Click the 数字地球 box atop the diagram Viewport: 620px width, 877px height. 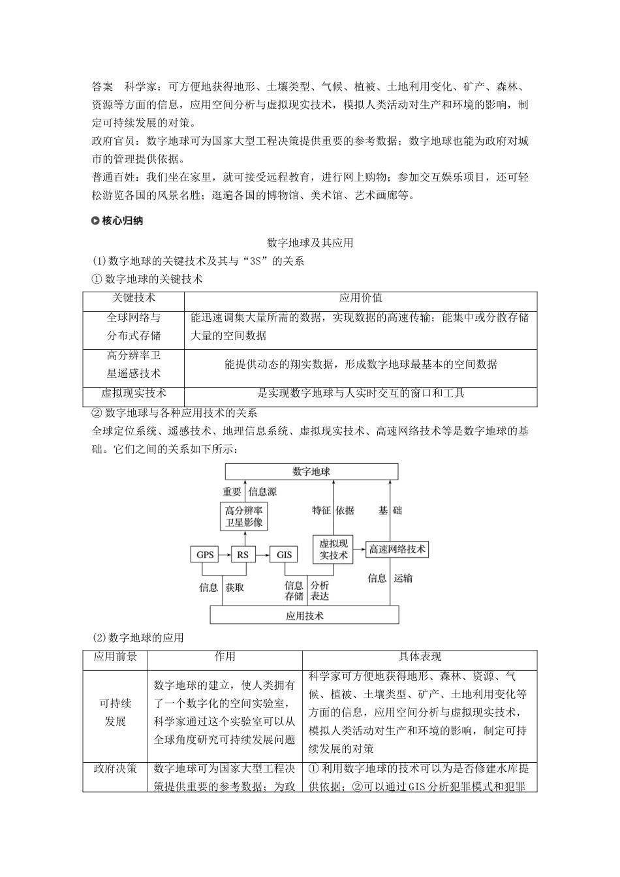point(311,472)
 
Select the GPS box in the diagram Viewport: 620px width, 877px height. point(205,555)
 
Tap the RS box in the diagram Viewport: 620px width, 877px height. point(243,555)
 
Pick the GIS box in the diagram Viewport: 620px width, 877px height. point(285,555)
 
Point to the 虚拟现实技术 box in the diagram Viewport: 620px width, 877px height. point(333,549)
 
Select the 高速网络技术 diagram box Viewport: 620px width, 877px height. point(397,549)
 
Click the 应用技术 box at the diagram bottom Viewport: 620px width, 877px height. point(304,615)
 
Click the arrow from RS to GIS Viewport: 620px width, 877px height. point(263,555)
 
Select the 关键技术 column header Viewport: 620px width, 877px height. point(134,298)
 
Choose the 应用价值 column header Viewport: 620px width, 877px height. point(360,298)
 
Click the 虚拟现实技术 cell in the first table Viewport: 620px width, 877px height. point(134,393)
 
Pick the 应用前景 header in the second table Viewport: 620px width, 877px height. point(116,657)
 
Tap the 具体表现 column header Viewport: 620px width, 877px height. point(420,657)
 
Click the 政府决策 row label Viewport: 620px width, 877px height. point(116,768)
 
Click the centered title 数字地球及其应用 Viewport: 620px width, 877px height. point(310,243)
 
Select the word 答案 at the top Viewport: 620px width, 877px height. point(102,86)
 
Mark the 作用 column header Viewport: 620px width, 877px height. point(225,657)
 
